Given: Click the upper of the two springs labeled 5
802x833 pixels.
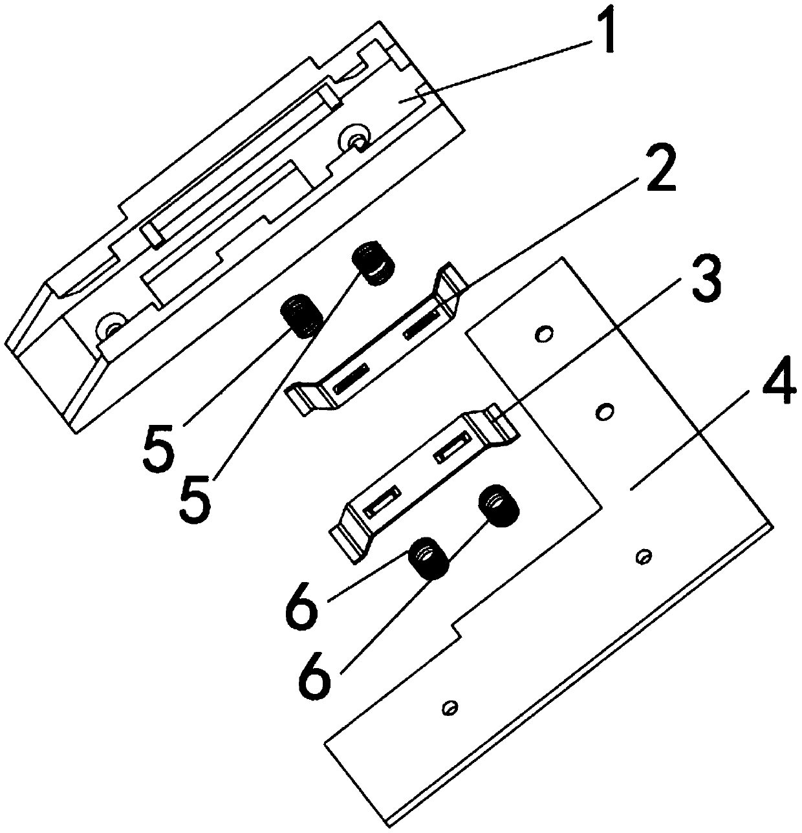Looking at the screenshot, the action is click(373, 263).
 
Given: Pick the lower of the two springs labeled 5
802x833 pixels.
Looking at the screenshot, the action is click(301, 316).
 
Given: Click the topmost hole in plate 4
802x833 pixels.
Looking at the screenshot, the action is click(544, 334).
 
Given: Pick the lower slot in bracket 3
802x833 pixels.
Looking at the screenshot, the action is click(382, 500).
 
